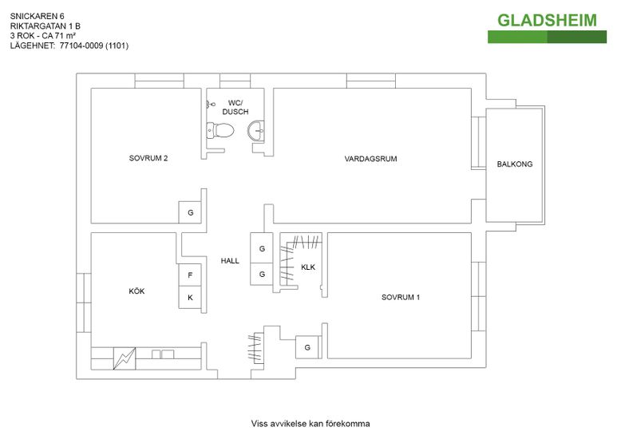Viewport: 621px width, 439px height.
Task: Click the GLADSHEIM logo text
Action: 547,20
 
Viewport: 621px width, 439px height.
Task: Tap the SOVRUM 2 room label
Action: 148,158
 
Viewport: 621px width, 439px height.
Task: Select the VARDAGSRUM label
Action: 370,159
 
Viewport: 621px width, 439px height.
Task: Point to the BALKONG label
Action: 514,164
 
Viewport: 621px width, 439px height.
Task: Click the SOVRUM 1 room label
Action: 401,297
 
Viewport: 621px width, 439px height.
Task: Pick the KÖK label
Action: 136,291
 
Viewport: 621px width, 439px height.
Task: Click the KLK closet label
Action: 308,267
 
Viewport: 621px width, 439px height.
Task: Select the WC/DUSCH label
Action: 235,107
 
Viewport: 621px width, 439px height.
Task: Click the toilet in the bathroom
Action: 220,130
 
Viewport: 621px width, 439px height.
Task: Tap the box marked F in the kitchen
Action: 190,275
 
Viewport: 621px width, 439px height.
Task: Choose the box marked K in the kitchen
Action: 190,298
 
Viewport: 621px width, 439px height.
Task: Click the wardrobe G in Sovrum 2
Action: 190,213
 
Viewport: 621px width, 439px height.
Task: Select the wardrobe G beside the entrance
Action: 307,347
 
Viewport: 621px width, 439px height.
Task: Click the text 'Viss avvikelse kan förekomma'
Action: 310,423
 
